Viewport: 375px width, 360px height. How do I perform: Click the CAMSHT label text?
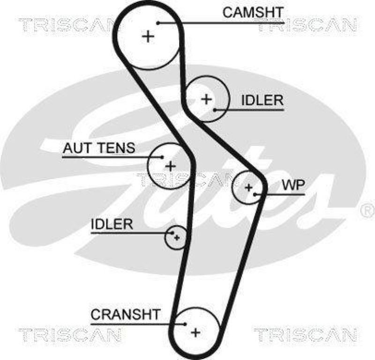(x=253, y=13)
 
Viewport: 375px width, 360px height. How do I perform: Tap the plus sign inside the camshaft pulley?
(x=149, y=36)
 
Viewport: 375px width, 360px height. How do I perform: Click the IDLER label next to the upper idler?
(x=262, y=100)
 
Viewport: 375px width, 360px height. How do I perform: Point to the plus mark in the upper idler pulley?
(x=206, y=99)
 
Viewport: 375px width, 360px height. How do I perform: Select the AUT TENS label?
(x=99, y=148)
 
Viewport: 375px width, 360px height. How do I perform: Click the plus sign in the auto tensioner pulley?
(x=170, y=165)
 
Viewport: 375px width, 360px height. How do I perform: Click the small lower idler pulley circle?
(x=176, y=237)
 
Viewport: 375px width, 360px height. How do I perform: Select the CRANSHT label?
(x=126, y=314)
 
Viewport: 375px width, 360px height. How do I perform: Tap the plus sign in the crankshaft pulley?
(x=195, y=332)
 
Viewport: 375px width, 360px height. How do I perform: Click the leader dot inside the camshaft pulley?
(x=158, y=22)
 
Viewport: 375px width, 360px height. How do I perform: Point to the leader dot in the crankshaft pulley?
(x=186, y=323)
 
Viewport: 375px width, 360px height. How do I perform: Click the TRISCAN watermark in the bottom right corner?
(x=305, y=335)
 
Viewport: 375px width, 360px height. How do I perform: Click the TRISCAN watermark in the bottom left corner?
(x=70, y=335)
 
